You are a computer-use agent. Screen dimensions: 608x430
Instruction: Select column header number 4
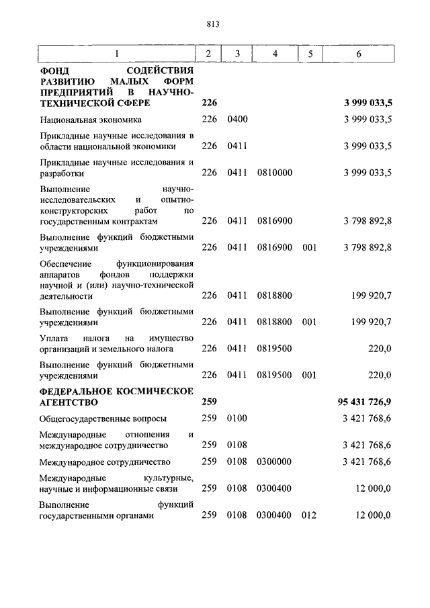coord(274,54)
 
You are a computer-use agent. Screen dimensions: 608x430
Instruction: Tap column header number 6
coord(359,54)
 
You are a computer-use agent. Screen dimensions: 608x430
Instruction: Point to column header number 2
coord(208,54)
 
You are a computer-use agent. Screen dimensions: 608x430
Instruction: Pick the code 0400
coord(238,120)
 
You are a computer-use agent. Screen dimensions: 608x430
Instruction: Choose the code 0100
coord(238,419)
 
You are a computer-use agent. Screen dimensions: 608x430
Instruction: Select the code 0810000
coord(274,173)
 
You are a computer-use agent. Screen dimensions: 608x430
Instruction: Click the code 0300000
coord(274,462)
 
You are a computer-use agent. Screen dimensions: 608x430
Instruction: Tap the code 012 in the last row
coord(309,515)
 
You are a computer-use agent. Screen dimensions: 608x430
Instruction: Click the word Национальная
coord(68,120)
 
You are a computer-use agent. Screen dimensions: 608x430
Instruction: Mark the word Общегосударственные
coord(84,419)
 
